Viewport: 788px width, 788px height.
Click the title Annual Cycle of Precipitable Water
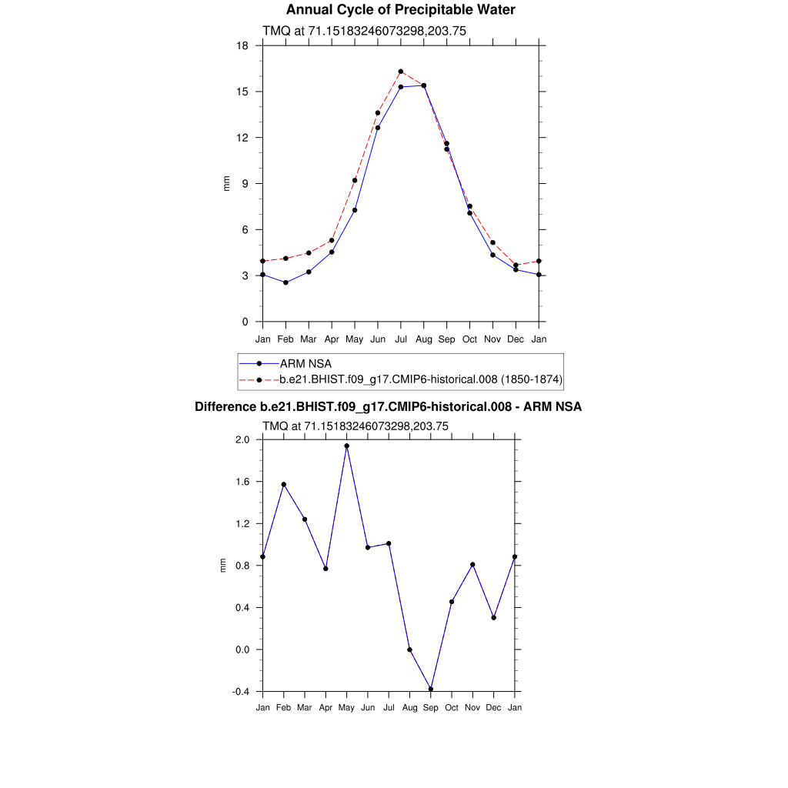pos(400,10)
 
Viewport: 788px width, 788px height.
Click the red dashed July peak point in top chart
pos(401,72)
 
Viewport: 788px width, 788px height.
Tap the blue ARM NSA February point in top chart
pos(285,282)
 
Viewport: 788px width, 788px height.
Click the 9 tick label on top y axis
pos(245,184)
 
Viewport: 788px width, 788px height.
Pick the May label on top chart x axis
pos(355,339)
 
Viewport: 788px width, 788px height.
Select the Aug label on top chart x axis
pos(424,339)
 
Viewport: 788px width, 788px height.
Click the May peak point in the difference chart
pos(347,446)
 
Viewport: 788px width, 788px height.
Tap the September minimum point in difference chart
pos(431,689)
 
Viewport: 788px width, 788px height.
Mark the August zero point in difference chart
pos(409,649)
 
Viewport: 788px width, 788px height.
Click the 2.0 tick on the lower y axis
pos(242,440)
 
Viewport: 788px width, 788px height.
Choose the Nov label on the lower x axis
pos(473,707)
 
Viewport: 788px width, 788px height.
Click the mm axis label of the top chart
pos(226,183)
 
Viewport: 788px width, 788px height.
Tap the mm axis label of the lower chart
pos(223,566)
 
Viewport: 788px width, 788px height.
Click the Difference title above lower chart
pos(388,407)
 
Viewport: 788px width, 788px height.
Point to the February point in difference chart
pos(284,485)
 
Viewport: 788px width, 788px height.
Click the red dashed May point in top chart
pos(355,180)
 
